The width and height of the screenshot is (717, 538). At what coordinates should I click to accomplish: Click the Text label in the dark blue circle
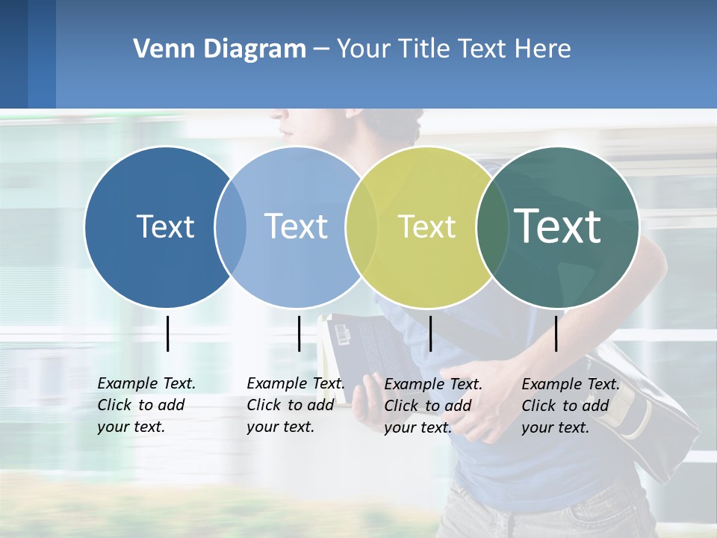165,226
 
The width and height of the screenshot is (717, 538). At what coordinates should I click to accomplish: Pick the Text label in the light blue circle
296,226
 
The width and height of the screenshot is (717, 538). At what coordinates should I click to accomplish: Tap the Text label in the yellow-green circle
426,226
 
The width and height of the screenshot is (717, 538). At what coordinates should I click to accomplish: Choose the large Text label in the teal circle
557,226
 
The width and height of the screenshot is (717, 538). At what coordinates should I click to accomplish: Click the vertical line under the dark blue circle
167,333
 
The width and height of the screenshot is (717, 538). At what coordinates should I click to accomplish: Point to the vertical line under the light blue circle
299,333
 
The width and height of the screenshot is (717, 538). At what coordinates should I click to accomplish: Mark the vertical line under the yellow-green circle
430,333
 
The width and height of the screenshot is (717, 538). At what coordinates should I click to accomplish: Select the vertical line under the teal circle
556,333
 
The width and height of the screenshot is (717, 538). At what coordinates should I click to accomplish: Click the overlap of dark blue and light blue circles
231,226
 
